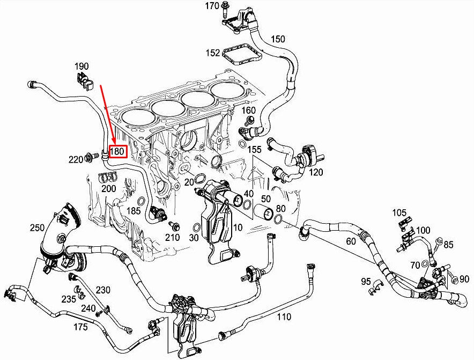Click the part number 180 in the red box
(117, 152)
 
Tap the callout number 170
(212, 6)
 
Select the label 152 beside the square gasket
(213, 53)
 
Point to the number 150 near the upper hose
(278, 39)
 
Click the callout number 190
(82, 67)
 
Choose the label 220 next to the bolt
(76, 159)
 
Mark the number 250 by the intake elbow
(37, 228)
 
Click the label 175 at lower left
(80, 326)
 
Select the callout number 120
(317, 172)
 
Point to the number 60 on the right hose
(351, 241)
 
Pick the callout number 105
(399, 212)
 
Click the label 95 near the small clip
(366, 281)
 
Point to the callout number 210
(172, 238)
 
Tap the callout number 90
(464, 278)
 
